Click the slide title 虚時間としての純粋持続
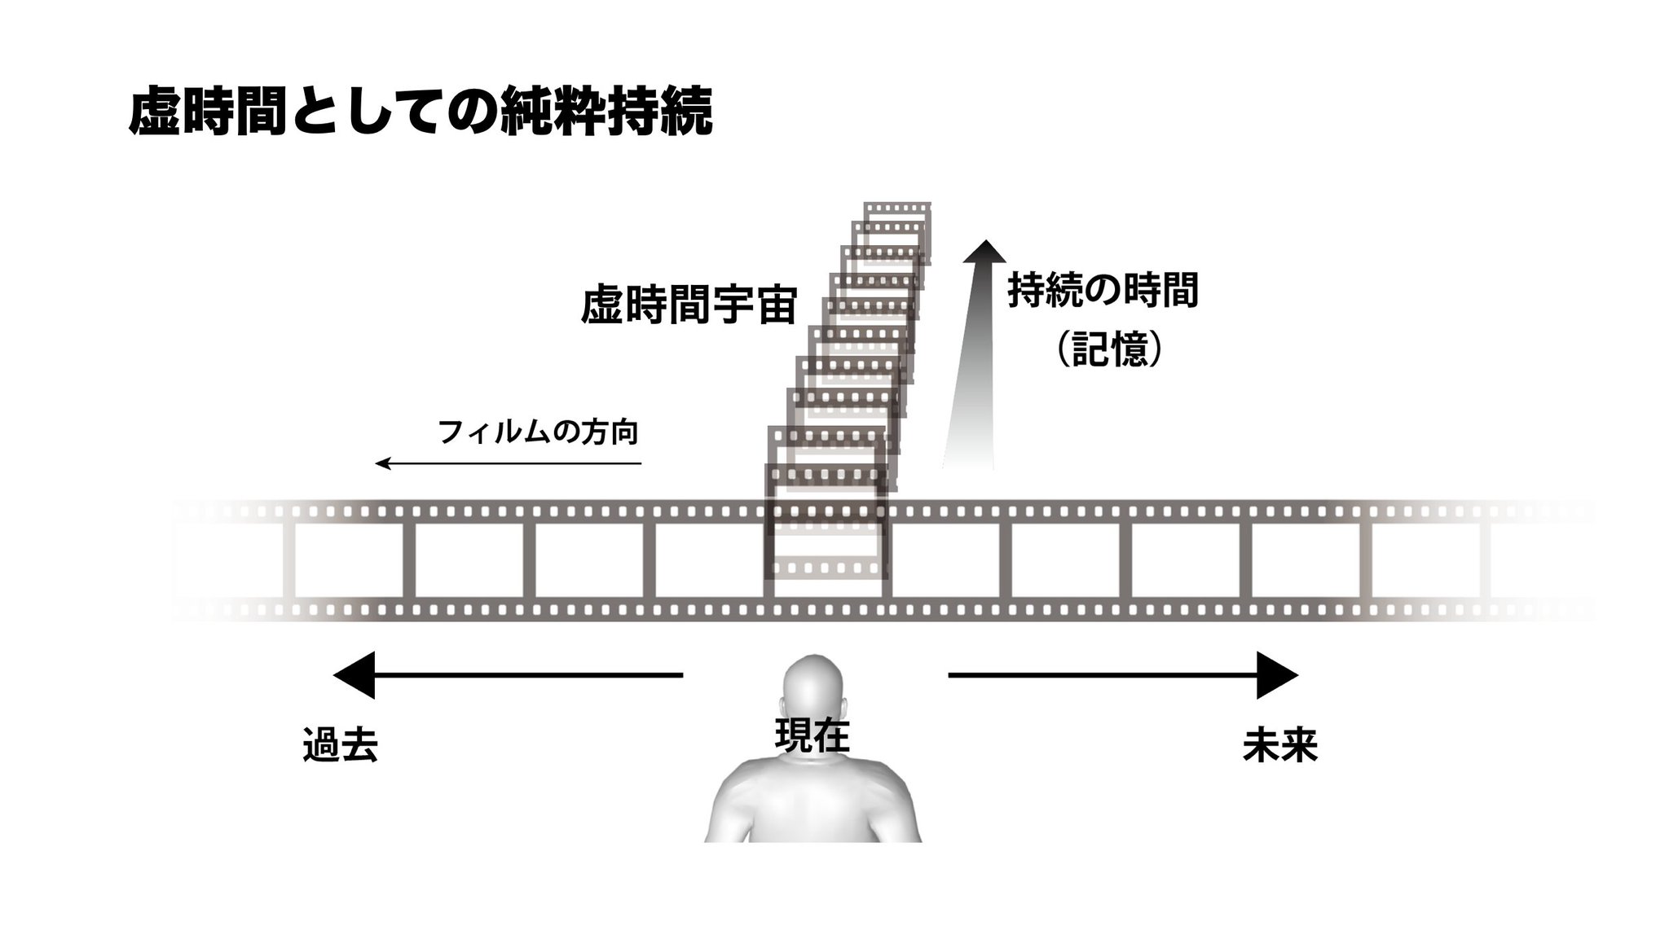[421, 111]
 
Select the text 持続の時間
[1103, 290]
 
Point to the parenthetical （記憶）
[1109, 350]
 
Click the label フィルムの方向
[538, 432]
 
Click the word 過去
[341, 744]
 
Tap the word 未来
[1279, 745]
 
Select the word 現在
[812, 735]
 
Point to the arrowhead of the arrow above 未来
[1275, 675]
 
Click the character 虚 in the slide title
[155, 111]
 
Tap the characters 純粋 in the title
[553, 111]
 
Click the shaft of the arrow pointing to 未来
[1100, 675]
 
